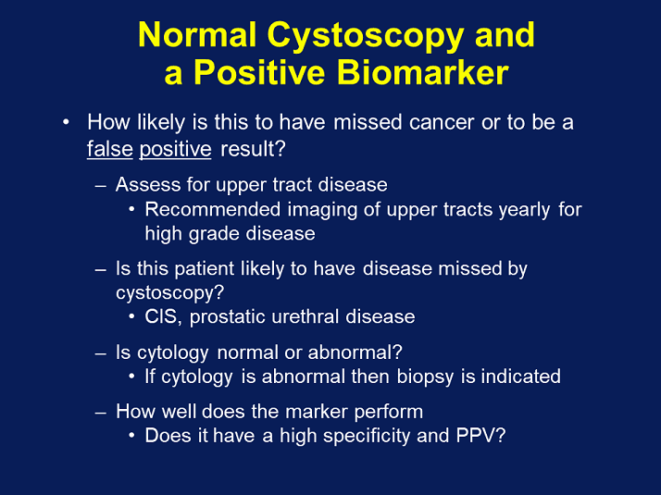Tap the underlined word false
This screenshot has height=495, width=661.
110,149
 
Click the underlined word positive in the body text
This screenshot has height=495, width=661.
176,149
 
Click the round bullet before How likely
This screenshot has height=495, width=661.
66,122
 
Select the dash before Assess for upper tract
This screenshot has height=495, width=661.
101,185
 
